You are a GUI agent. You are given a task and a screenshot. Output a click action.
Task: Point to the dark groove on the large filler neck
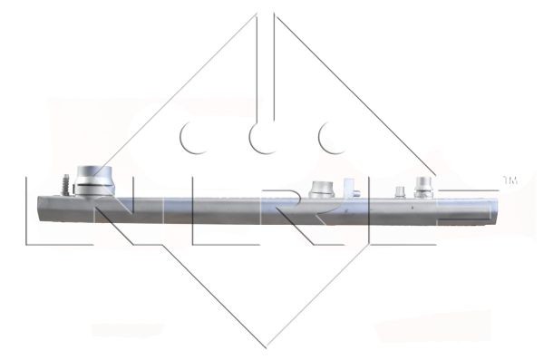[x=94, y=185]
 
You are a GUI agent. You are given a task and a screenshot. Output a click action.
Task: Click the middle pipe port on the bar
[x=322, y=189]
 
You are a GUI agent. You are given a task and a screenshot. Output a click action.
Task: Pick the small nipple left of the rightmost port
[x=398, y=191]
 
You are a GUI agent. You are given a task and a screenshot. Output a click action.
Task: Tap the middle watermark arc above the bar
[x=261, y=138]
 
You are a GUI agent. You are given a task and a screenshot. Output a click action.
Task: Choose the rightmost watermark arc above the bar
[x=328, y=138]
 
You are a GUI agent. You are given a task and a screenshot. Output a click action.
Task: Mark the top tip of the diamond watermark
[x=269, y=13]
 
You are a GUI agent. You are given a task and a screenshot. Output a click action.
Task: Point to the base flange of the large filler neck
[x=94, y=190]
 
